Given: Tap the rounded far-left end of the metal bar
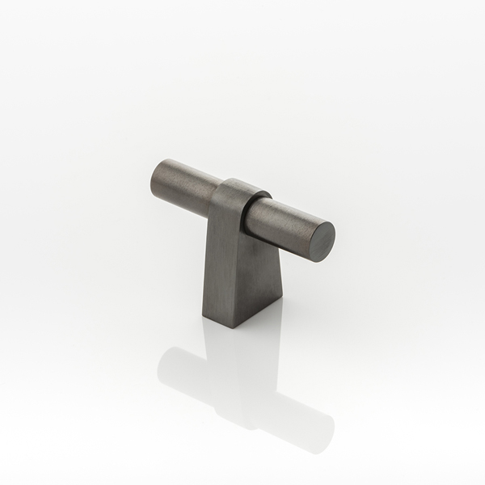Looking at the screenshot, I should pyautogui.click(x=155, y=173).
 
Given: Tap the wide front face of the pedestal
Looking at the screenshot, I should pyautogui.click(x=223, y=267).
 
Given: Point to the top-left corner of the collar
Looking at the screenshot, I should pyautogui.click(x=220, y=183).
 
